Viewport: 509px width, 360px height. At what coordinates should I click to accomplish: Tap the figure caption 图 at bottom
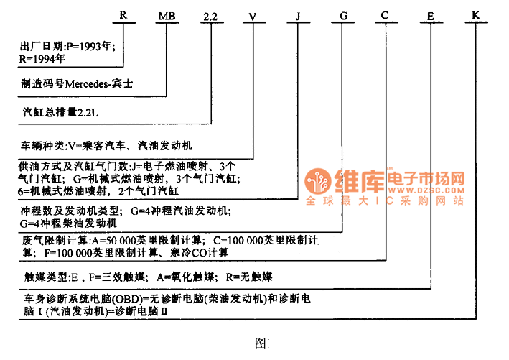[x=261, y=343]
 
